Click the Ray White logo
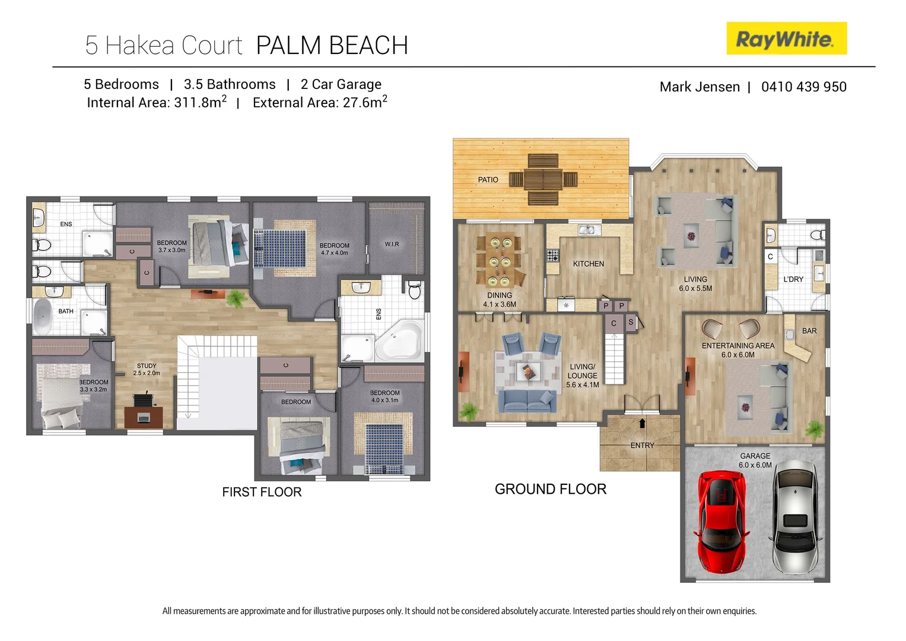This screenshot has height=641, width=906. (786, 39)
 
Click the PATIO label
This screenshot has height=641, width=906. (488, 180)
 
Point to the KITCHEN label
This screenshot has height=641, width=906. (588, 264)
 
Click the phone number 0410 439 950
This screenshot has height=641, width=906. (803, 87)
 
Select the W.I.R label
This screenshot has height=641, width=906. (392, 245)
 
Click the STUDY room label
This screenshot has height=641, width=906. (147, 366)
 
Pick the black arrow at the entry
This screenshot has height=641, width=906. (642, 423)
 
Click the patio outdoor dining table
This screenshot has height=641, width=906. (543, 179)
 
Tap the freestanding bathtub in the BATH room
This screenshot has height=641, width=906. (43, 317)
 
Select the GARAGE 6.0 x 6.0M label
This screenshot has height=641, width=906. (755, 461)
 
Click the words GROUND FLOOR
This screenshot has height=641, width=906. (550, 490)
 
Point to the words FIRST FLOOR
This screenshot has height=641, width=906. (262, 492)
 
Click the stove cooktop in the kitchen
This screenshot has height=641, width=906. (552, 255)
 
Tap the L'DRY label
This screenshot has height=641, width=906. (793, 280)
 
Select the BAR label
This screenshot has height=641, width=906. (809, 331)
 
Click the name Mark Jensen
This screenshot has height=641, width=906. (700, 87)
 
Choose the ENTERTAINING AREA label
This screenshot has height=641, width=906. (737, 346)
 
